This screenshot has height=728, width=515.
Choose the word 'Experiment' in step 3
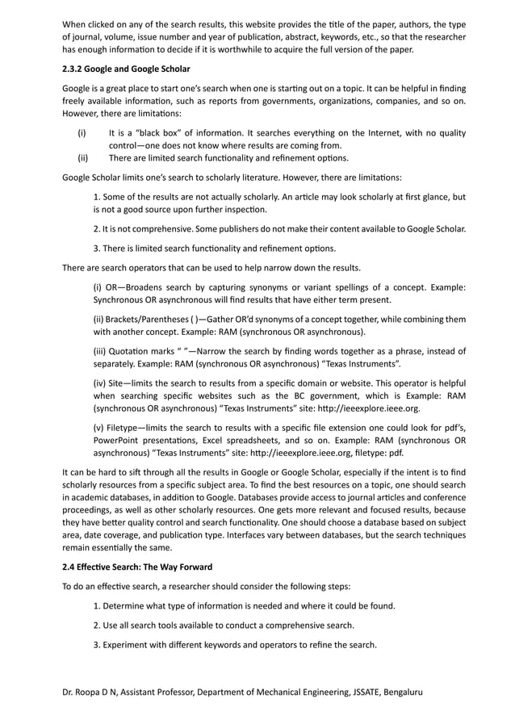click(130, 644)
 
